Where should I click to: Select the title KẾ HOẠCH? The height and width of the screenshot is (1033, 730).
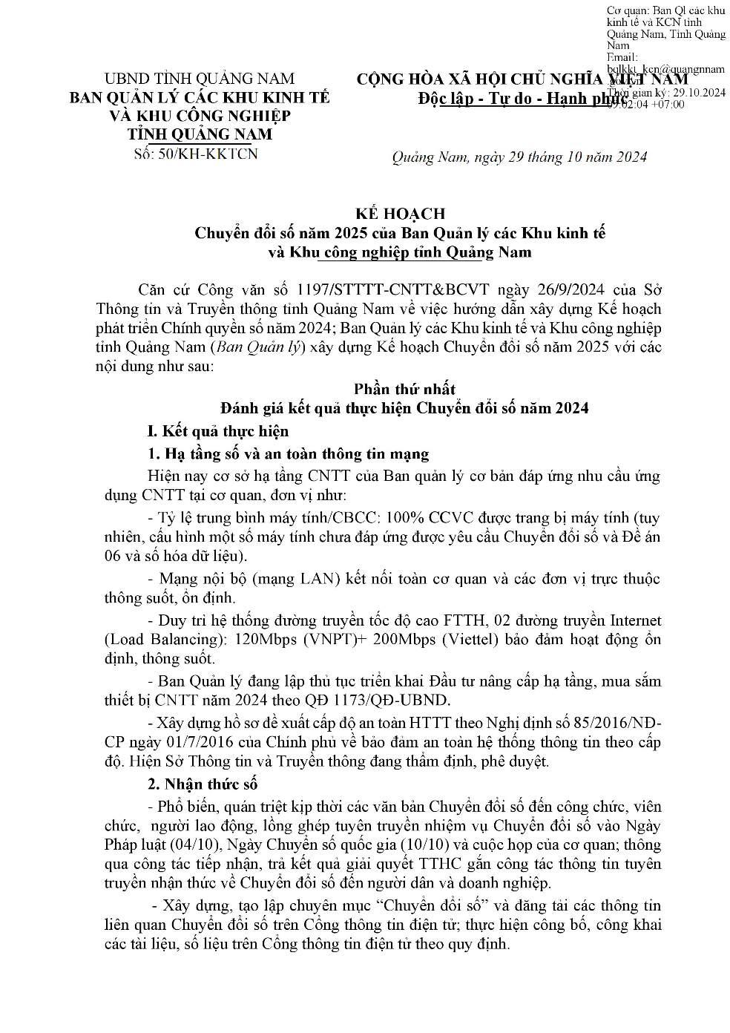tap(400, 214)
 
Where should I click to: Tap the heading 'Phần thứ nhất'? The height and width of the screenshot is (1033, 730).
tap(404, 389)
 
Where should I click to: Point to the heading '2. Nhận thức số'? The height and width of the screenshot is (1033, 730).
tap(202, 784)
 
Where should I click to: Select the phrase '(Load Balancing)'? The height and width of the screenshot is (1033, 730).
tap(160, 640)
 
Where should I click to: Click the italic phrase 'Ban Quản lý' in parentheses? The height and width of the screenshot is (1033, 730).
tap(259, 347)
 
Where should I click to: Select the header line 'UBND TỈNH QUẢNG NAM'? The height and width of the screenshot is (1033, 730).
tap(200, 79)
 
